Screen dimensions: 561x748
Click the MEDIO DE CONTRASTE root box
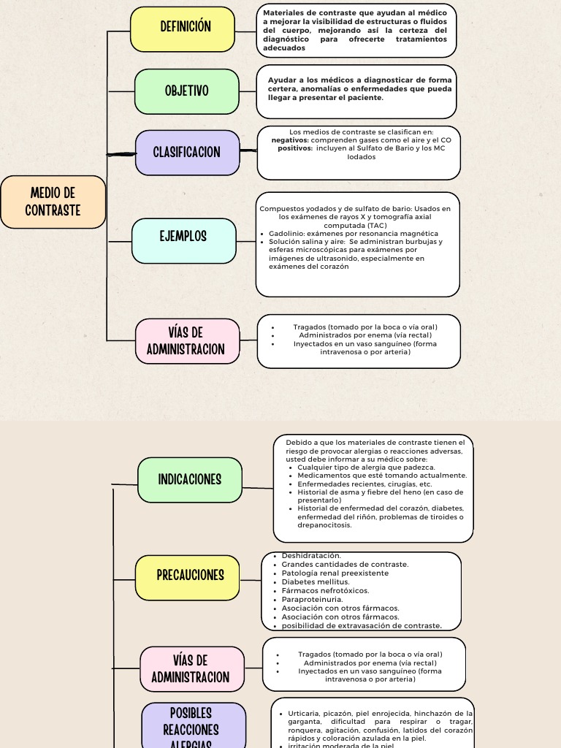(53, 202)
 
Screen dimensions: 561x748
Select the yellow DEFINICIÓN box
(183, 28)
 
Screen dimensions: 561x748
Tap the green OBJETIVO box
(187, 91)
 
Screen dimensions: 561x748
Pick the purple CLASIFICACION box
(188, 153)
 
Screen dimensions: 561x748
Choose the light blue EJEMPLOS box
(183, 237)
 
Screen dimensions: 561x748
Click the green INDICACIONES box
(190, 480)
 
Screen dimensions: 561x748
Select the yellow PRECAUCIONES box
(188, 576)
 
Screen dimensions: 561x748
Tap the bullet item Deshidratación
(311, 556)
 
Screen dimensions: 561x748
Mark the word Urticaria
(307, 713)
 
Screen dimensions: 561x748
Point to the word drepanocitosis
(324, 524)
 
